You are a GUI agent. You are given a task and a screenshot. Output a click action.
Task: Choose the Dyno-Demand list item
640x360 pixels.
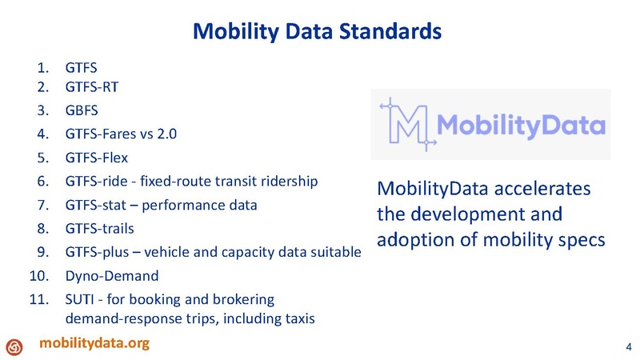112,277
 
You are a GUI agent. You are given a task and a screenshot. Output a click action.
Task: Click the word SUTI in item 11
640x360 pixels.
78,300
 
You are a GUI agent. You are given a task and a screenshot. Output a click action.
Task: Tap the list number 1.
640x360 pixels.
46,68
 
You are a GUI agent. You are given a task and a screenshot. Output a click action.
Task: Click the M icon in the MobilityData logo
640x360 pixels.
407,124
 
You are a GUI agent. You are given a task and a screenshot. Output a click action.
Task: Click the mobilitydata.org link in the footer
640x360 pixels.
95,343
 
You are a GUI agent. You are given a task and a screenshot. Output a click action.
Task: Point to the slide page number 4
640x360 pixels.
626,346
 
